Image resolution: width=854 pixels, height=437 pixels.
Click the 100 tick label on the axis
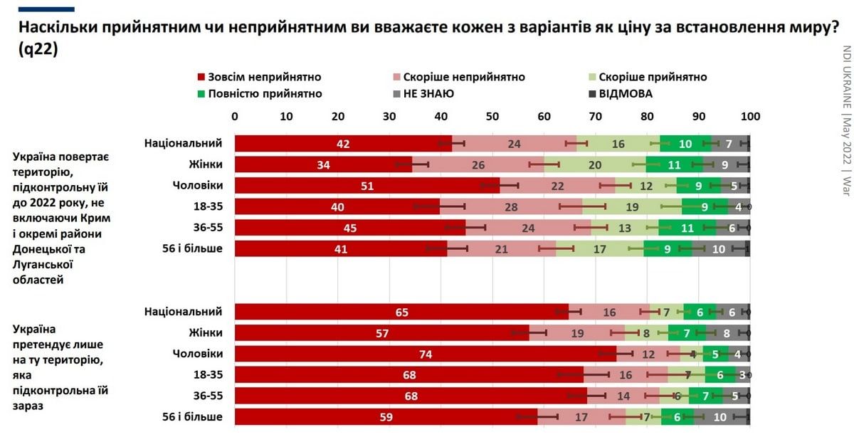pos(750,117)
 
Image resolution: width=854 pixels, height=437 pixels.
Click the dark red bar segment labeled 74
pos(425,354)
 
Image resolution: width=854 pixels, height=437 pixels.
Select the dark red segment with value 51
pos(367,186)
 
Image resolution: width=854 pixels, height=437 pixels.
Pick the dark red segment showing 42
pos(343,144)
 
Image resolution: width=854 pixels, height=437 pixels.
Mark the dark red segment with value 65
pos(401,312)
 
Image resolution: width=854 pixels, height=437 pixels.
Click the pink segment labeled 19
pos(577,333)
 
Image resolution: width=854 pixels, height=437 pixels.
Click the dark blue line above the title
pos(46,9)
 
